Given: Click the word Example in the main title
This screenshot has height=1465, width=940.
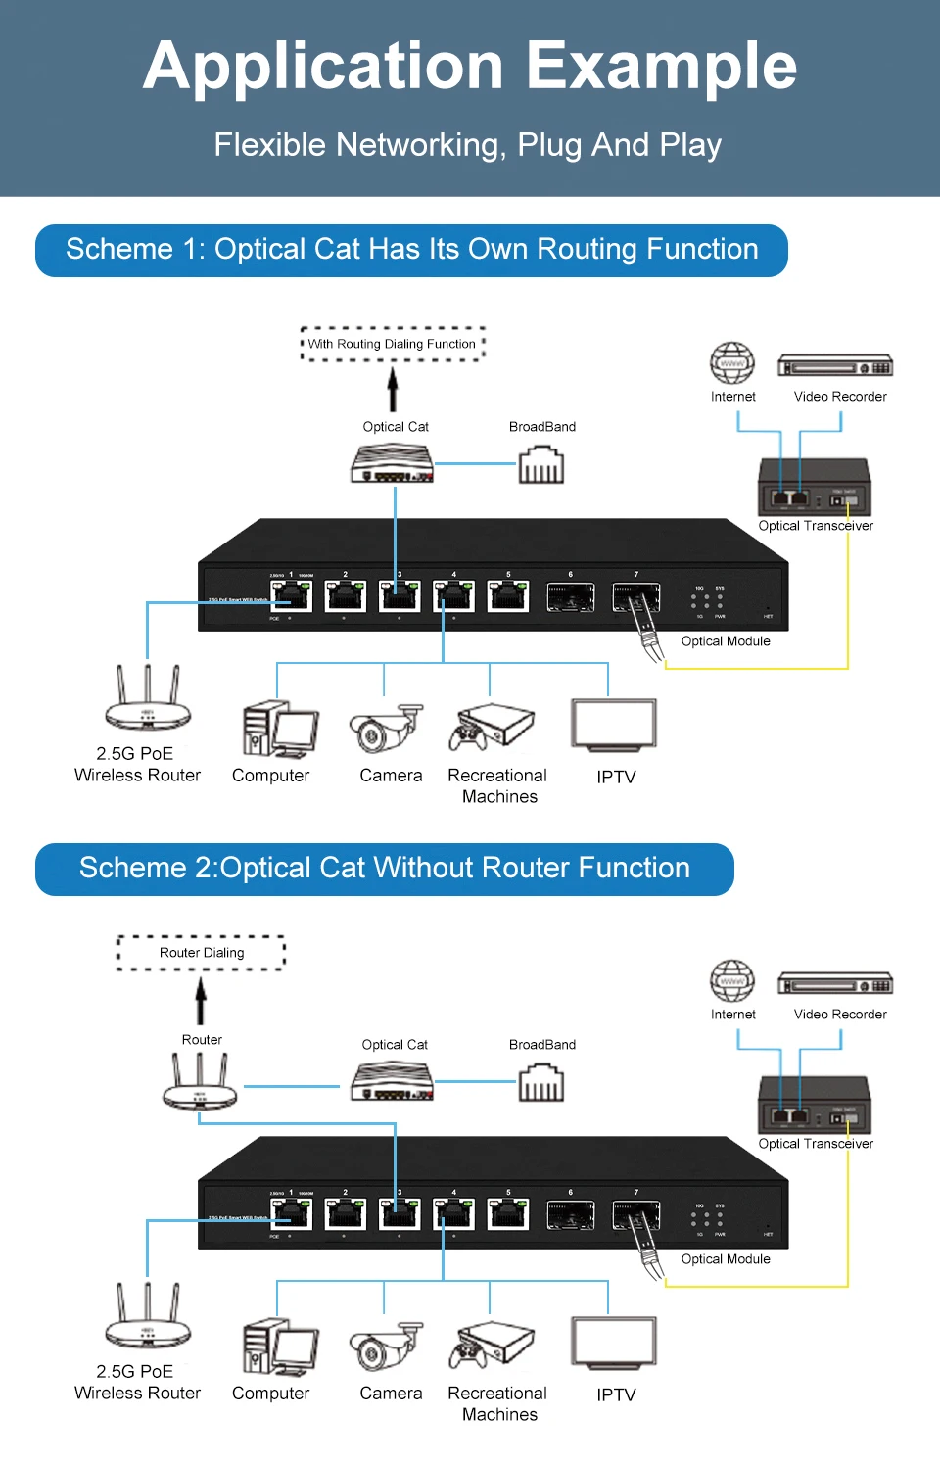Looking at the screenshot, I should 662,67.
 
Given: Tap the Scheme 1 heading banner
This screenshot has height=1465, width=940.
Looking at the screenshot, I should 411,250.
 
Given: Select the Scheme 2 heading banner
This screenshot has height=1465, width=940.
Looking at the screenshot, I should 384,869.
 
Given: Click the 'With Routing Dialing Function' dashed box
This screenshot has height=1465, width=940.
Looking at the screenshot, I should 393,344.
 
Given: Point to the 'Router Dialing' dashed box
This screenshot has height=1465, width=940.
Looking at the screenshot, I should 202,952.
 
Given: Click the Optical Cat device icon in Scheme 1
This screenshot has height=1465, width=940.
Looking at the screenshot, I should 393,464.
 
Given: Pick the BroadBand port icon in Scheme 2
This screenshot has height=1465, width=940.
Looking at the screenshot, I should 541,1082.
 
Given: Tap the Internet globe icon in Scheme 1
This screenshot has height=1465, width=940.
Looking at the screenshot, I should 732,363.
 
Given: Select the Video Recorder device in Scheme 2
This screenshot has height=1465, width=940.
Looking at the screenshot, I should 835,984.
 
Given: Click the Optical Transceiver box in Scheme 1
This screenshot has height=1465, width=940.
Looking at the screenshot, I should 815,487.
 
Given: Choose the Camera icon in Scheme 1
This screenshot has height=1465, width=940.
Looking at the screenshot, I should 386,729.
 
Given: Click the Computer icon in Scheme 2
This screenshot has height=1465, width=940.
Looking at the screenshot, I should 280,1347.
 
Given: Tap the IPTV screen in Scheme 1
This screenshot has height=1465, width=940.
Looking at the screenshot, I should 614,726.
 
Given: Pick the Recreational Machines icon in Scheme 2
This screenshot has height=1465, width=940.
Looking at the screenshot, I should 493,1345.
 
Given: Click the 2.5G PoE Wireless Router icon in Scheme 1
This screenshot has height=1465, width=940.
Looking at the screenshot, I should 148,699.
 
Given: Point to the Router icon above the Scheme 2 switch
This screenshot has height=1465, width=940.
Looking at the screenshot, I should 200,1082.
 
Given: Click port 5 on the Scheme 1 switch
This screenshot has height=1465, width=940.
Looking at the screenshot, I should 508,595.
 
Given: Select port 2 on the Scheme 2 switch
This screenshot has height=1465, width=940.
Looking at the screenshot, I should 346,1213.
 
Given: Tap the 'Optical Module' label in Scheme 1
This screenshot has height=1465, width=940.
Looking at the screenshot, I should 726,641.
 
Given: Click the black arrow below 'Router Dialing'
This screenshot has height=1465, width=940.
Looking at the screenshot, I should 201,1001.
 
